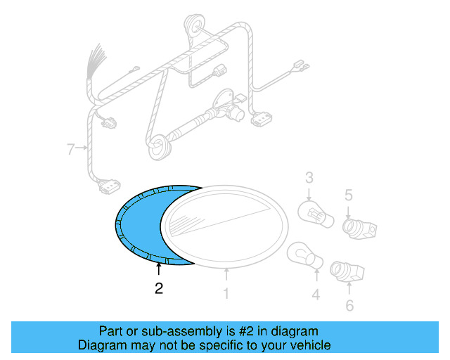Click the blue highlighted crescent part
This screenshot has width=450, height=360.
[x=137, y=225]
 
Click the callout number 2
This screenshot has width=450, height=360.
[x=159, y=288]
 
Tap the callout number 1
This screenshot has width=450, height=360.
[x=226, y=293]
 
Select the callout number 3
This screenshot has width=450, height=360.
[x=309, y=179]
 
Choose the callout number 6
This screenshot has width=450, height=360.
[x=349, y=305]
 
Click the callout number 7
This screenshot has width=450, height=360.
[x=70, y=148]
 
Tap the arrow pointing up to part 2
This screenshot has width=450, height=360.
[x=158, y=269]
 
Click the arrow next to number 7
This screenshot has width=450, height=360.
[x=82, y=148]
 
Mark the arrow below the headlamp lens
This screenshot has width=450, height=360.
[x=226, y=274]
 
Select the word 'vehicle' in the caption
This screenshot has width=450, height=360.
[x=307, y=345]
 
